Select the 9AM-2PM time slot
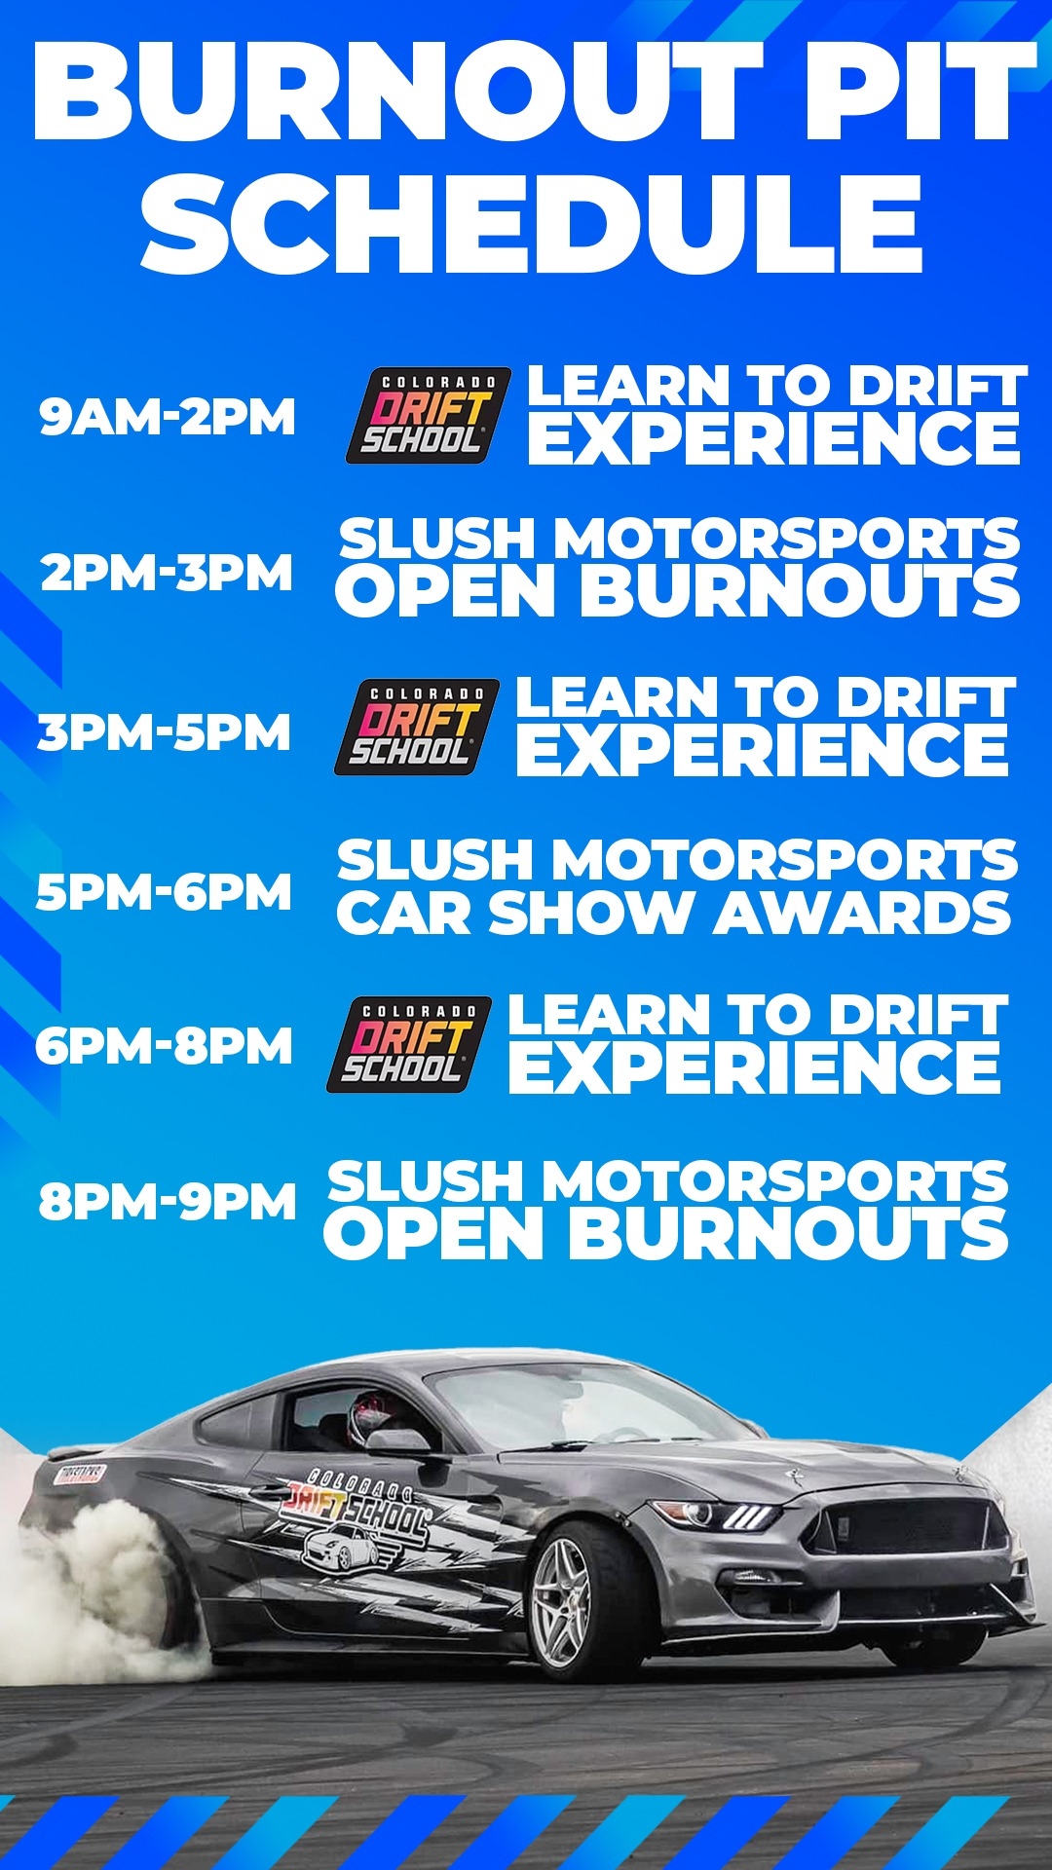click(x=168, y=417)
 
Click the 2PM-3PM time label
click(x=167, y=572)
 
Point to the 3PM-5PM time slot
click(x=165, y=732)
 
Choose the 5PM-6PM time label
click(x=164, y=892)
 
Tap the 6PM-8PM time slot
click(x=164, y=1046)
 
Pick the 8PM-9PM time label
click(x=168, y=1201)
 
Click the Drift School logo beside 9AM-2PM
click(x=429, y=415)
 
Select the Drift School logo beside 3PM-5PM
click(x=417, y=727)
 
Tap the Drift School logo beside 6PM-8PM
click(x=409, y=1044)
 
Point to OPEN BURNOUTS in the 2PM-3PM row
click(x=678, y=591)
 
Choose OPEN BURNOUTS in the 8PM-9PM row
click(x=666, y=1233)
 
